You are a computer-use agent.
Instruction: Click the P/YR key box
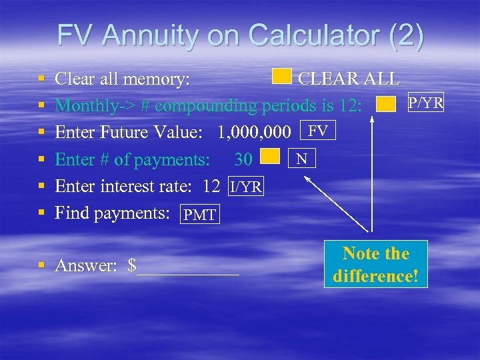tap(425, 103)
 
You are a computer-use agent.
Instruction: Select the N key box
tap(302, 158)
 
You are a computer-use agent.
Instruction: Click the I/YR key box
tap(246, 187)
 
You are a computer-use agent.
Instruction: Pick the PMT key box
tap(199, 215)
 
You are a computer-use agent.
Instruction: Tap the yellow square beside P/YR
tap(386, 104)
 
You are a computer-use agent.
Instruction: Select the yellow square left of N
tap(269, 157)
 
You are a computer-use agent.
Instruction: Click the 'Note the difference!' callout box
tap(376, 265)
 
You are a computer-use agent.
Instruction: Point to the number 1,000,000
tap(255, 132)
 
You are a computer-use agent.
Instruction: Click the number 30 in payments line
tap(243, 159)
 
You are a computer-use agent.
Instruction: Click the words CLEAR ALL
tap(349, 79)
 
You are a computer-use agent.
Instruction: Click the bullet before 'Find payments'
tap(42, 213)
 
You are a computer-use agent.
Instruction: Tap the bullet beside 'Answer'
tap(42, 266)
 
